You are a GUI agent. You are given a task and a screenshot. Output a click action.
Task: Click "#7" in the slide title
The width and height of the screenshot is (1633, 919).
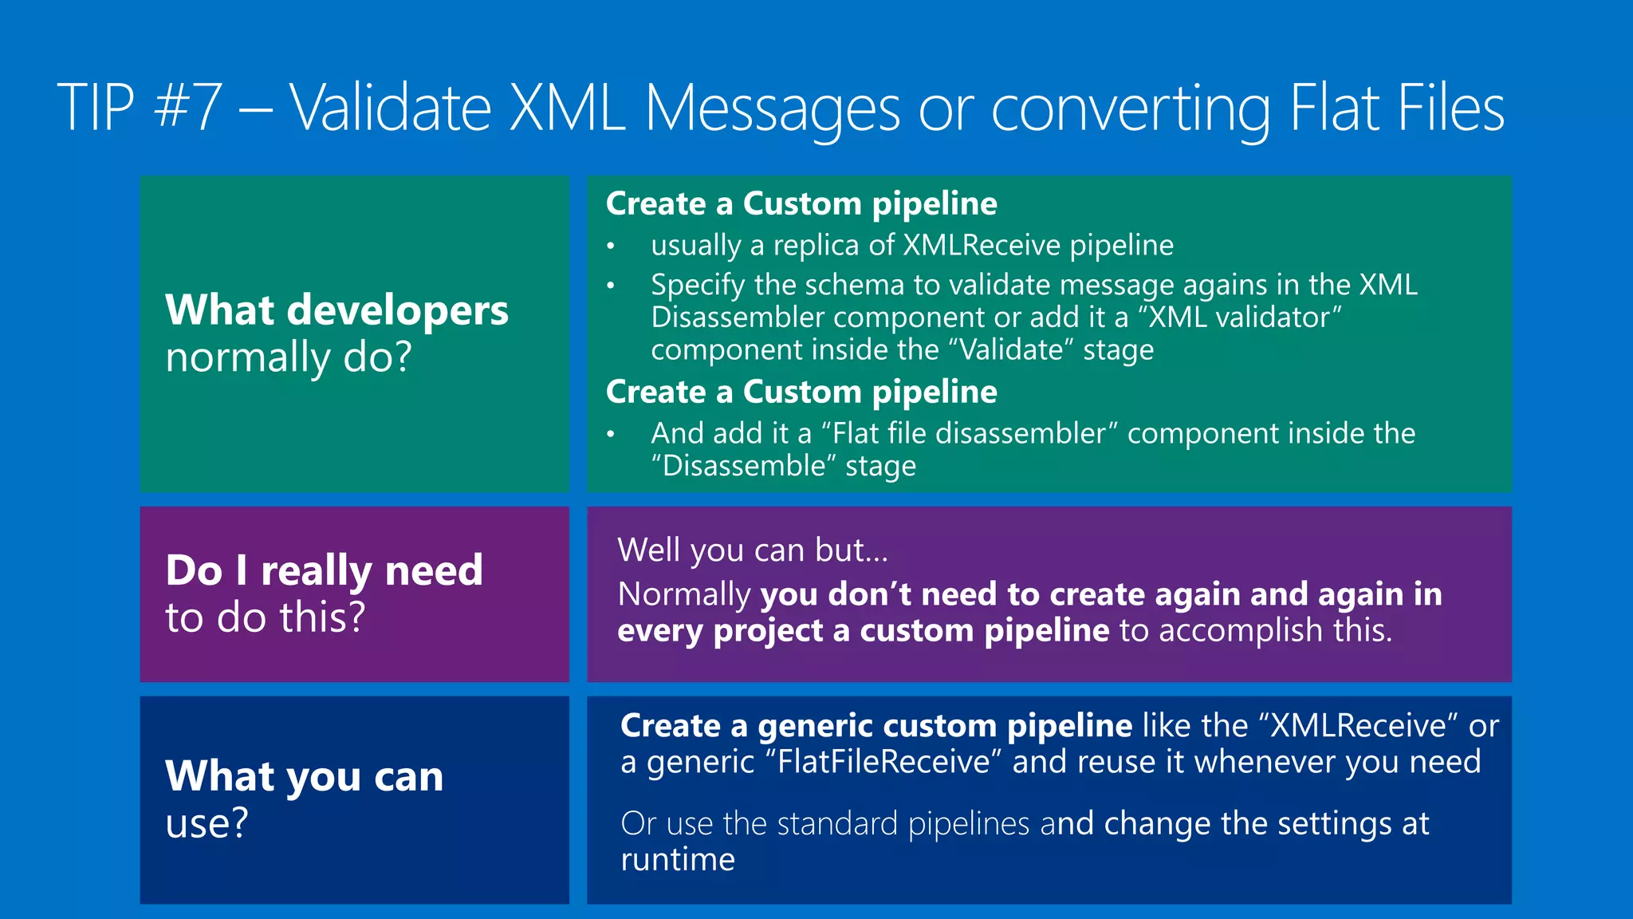tap(187, 108)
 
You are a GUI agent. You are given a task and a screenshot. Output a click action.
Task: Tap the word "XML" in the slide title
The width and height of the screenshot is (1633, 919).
tap(567, 108)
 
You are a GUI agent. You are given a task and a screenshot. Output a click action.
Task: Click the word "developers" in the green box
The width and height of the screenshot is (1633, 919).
tap(397, 311)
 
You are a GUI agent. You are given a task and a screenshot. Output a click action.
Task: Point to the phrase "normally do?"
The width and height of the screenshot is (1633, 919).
tap(289, 357)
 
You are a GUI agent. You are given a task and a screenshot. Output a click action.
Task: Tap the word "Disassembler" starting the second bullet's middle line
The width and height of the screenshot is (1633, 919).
tap(738, 318)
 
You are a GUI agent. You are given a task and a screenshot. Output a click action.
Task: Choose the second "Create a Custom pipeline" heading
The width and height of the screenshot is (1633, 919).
tap(801, 392)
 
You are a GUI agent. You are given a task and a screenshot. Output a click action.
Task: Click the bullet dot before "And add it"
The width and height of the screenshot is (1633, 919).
tap(611, 435)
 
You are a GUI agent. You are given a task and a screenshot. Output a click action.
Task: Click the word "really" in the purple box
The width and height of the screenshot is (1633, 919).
tap(317, 571)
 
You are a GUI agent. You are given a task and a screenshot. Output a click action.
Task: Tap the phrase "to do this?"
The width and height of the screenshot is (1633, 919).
tap(266, 617)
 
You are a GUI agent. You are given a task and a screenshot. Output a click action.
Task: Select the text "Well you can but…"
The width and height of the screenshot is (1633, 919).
tap(752, 550)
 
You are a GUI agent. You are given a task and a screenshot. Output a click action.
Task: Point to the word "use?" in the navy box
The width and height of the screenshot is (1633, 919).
tap(207, 823)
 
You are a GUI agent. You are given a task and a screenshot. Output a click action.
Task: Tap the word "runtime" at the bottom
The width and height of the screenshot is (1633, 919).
tap(678, 860)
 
